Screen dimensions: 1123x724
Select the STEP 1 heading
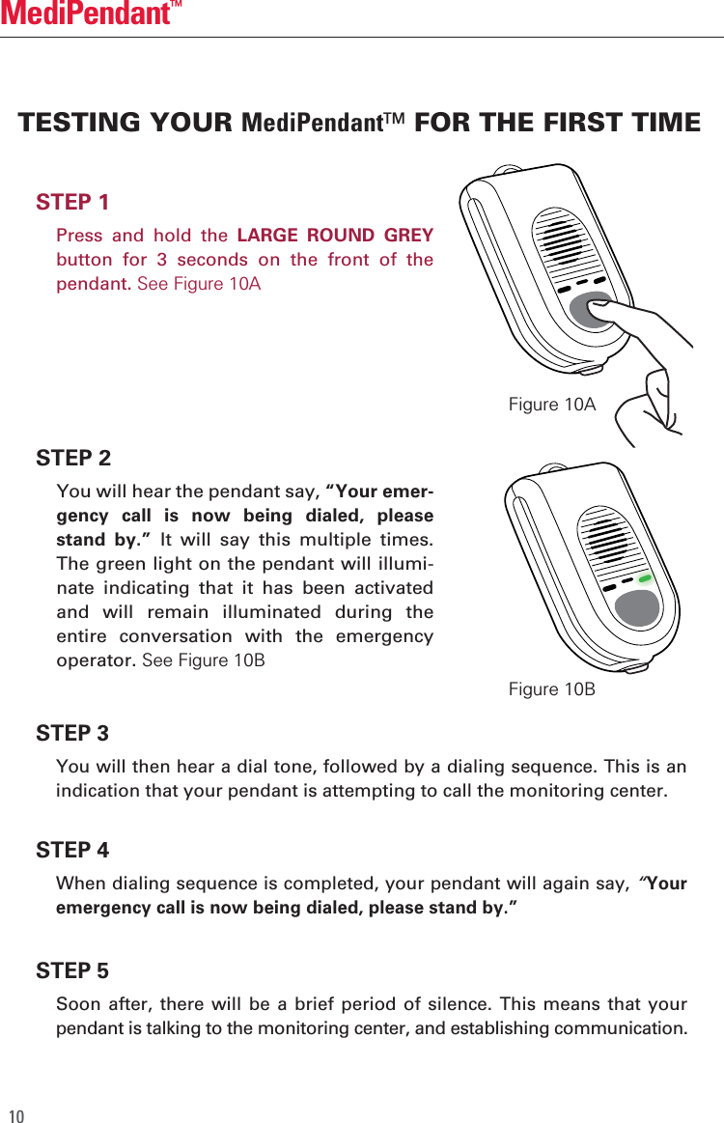[x=72, y=202]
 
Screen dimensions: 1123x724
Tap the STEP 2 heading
[x=73, y=457]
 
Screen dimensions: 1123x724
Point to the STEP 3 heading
[x=72, y=734]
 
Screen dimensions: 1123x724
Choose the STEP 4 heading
[x=72, y=851]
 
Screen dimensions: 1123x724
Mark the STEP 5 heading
[x=72, y=970]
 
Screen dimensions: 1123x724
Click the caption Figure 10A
[x=551, y=405]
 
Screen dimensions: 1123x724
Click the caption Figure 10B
[x=551, y=688]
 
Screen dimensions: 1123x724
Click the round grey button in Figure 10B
[x=637, y=606]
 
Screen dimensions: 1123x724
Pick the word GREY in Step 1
[x=408, y=236]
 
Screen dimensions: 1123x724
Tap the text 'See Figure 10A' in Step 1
[x=199, y=285]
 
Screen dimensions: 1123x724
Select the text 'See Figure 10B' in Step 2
[x=203, y=660]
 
